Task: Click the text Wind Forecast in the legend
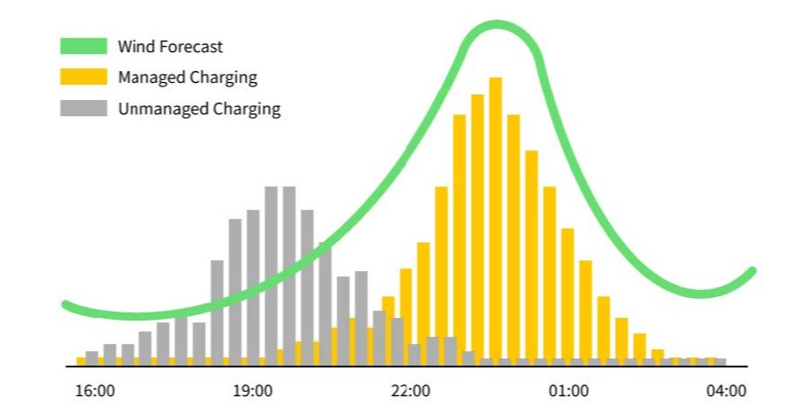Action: coord(170,46)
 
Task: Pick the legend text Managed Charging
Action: coord(187,77)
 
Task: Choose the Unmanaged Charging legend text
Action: coord(199,109)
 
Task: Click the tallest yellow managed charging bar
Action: coord(496,221)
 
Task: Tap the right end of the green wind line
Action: coord(752,270)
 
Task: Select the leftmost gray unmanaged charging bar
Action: coord(92,357)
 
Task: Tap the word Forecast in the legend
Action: coord(192,46)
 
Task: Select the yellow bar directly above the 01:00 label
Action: coord(568,297)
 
